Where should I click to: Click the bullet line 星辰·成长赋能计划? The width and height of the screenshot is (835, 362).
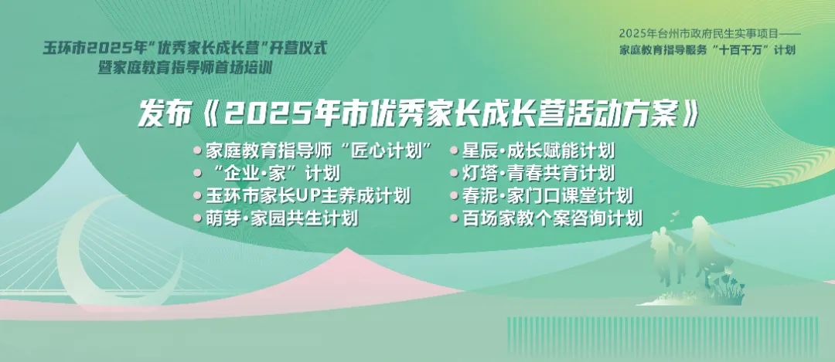[x=538, y=151]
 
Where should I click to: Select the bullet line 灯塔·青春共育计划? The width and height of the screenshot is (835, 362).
[x=538, y=174]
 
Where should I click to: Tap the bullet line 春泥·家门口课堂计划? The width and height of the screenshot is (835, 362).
[x=547, y=195]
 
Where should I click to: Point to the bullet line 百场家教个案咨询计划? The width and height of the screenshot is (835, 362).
[x=552, y=218]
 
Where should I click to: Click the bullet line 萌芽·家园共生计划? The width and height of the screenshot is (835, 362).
[x=281, y=218]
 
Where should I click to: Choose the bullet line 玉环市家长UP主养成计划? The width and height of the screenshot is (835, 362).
[x=308, y=195]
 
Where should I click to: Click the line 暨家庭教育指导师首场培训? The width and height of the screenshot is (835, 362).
[x=189, y=69]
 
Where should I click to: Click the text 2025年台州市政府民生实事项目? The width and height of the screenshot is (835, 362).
[x=699, y=33]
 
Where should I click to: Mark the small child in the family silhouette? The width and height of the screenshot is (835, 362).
[x=680, y=262]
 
